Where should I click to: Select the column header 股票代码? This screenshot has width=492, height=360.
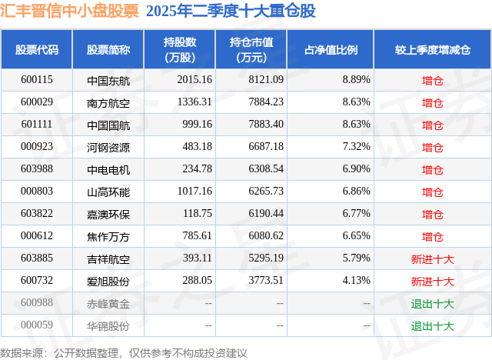(x=37, y=50)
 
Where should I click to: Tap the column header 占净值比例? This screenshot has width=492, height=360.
(x=336, y=50)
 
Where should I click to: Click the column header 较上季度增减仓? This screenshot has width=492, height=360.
(x=432, y=50)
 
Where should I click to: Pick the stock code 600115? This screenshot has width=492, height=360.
(x=37, y=80)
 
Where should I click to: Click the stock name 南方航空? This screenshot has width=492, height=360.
(x=108, y=102)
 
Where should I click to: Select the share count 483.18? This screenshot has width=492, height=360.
(x=196, y=147)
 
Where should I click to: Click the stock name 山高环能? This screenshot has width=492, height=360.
(x=108, y=192)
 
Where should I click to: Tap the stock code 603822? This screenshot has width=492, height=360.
(x=37, y=214)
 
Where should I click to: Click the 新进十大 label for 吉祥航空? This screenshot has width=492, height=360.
(x=432, y=259)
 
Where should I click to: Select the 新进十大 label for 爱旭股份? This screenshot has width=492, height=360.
(x=432, y=282)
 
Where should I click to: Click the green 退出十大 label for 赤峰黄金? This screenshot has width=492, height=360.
(x=432, y=304)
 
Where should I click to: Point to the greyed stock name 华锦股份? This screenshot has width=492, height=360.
(x=108, y=326)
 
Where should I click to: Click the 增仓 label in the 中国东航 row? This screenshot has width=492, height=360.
(x=432, y=80)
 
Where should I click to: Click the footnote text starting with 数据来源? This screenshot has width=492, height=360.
(x=124, y=352)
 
